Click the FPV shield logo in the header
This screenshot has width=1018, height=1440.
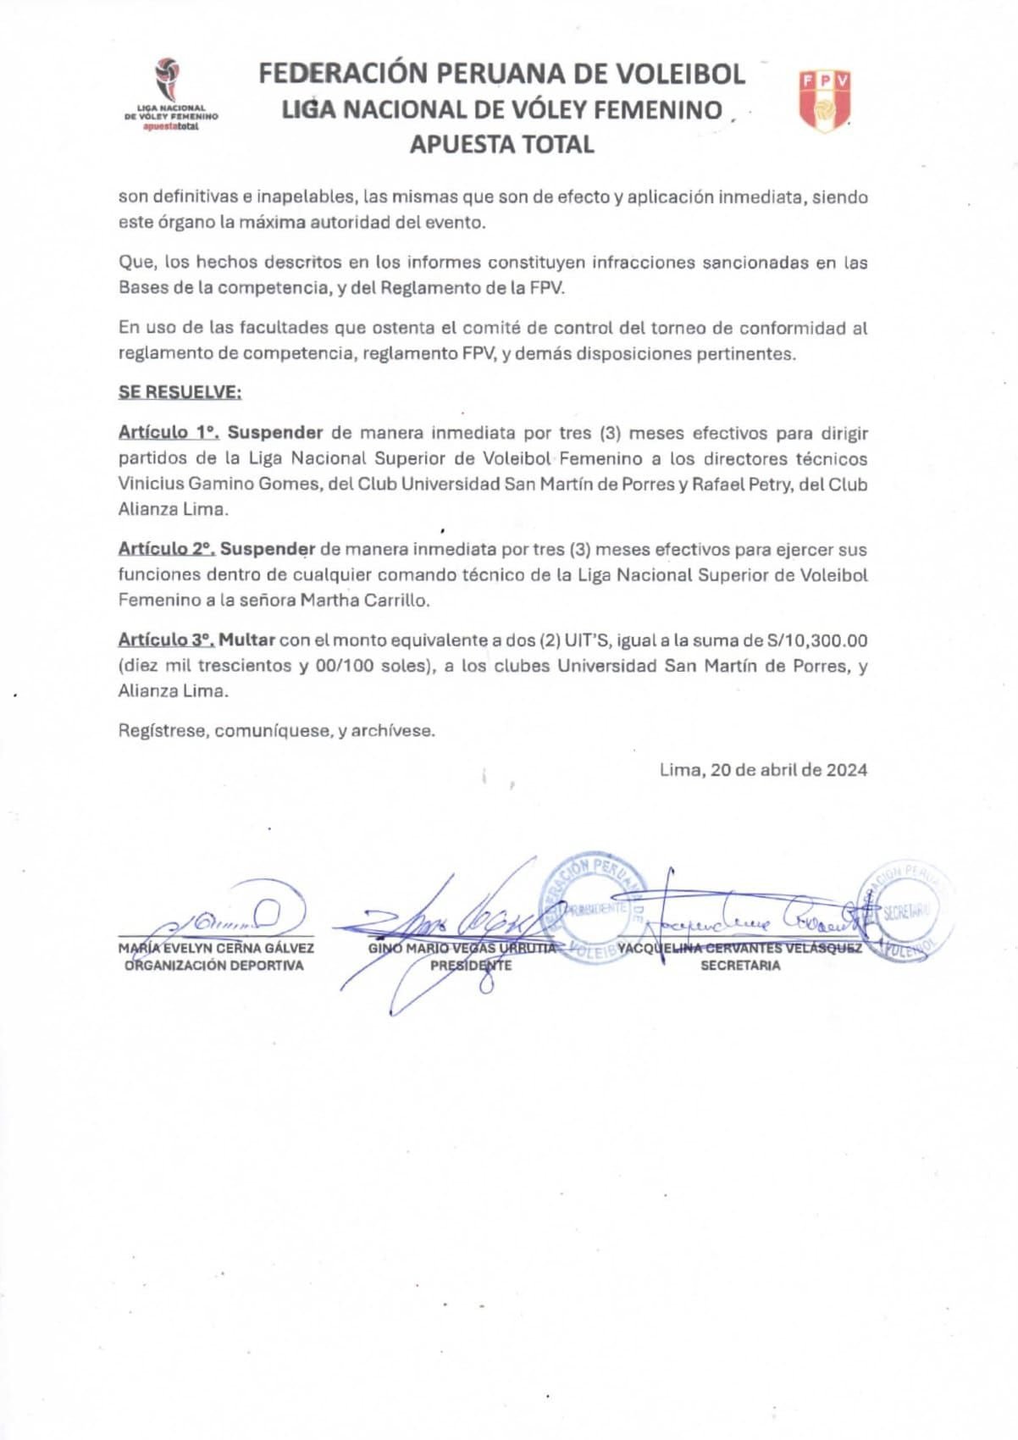coord(824,101)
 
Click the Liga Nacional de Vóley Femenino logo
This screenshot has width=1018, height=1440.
coord(170,94)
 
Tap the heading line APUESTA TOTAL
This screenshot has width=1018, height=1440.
coord(501,145)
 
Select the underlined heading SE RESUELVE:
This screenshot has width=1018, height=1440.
coord(180,392)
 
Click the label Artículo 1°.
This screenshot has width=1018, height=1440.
coord(169,433)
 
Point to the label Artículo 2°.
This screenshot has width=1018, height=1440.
coord(166,549)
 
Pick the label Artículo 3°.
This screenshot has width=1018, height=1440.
coord(165,640)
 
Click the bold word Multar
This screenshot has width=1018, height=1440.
coord(246,640)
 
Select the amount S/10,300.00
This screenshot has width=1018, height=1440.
coord(817,640)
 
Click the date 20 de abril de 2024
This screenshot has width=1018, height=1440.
coord(788,770)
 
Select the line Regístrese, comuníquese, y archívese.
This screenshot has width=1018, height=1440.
coord(276,730)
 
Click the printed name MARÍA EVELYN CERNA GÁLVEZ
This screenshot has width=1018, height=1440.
coord(216,949)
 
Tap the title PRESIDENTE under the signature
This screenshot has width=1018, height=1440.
coord(471,966)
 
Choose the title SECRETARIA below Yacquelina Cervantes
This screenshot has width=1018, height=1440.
coord(740,966)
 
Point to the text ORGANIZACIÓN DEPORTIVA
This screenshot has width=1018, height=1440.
coord(214,966)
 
